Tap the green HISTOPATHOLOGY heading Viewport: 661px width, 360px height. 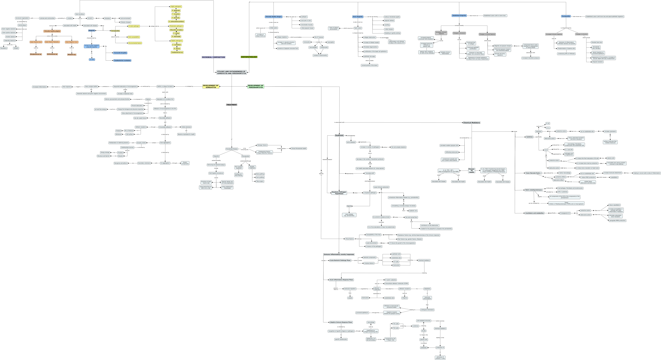(249, 57)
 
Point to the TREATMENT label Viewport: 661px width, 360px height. (231, 105)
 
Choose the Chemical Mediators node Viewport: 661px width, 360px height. (471, 123)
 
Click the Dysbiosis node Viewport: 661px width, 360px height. (339, 135)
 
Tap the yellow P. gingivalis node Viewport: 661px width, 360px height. (176, 11)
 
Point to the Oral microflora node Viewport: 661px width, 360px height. (80, 14)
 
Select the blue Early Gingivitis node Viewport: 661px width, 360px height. (358, 17)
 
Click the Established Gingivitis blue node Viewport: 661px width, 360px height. (459, 16)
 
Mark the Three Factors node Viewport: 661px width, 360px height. (349, 239)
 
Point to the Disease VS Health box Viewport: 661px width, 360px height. (471, 171)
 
